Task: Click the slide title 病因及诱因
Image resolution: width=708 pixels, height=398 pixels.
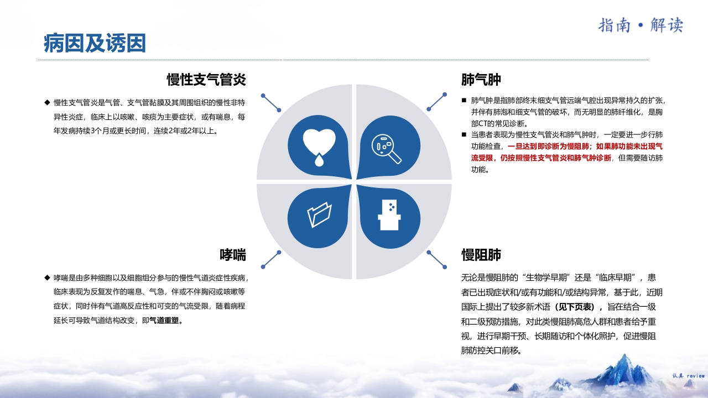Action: coord(95,43)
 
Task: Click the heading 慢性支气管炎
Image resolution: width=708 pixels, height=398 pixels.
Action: coord(206,80)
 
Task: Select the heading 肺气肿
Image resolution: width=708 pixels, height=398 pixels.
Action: coord(481,80)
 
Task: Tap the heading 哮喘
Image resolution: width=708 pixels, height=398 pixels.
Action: coord(232,255)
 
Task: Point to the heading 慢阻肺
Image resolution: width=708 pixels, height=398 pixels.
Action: coord(481,255)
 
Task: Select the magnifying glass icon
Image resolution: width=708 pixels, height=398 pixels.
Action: coord(387,149)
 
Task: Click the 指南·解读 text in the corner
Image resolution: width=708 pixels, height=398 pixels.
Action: coord(641,25)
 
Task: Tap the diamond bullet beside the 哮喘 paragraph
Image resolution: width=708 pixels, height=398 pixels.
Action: coord(47,277)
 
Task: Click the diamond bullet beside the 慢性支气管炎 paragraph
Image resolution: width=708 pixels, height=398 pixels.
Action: coord(47,102)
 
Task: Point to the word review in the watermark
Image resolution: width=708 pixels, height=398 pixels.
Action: coord(696,376)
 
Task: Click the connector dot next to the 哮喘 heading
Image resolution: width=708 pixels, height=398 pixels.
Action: coord(279,253)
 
